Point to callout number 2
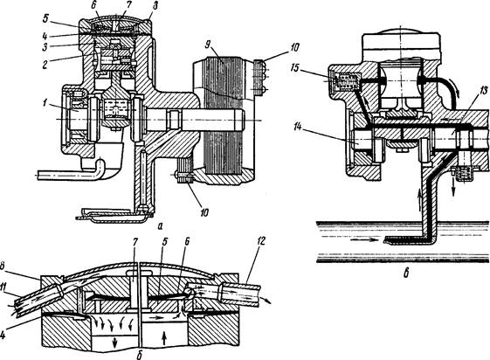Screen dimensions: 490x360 tap(46, 64)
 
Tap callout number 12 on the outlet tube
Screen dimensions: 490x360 tap(261, 241)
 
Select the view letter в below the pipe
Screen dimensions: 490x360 tap(406, 273)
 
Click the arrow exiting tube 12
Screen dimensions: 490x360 tap(267, 301)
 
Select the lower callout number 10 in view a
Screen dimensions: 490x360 tap(204, 213)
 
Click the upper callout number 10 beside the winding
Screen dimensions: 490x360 tap(294, 47)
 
